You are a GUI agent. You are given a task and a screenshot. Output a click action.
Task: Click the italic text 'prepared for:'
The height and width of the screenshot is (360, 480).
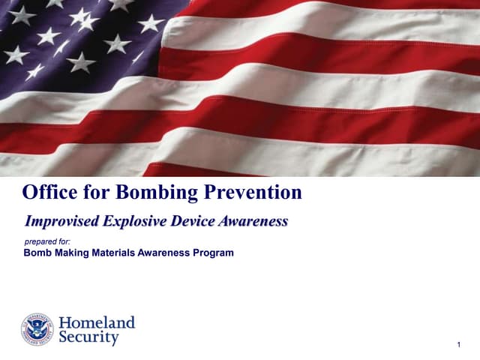(x=47, y=241)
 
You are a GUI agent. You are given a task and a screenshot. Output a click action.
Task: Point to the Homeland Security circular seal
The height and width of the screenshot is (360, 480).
(x=37, y=329)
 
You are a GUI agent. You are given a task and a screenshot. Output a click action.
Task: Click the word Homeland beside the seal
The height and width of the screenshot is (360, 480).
(x=97, y=323)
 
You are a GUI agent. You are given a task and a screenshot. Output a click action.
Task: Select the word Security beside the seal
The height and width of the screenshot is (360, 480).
(x=89, y=338)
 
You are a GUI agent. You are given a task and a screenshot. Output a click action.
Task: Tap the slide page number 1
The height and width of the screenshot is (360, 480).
(x=457, y=344)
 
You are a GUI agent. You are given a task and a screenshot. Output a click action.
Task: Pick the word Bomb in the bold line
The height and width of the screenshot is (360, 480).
(x=37, y=253)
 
